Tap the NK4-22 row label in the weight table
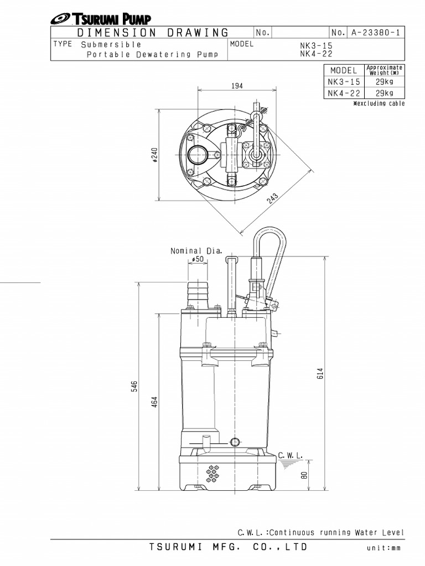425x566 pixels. click(x=344, y=93)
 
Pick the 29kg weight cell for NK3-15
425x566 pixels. click(x=384, y=82)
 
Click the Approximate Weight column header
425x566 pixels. click(x=384, y=70)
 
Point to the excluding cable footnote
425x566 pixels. click(x=379, y=103)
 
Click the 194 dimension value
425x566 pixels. click(x=238, y=86)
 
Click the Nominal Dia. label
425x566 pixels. click(x=196, y=250)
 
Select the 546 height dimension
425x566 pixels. click(x=133, y=386)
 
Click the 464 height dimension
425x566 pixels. click(x=155, y=402)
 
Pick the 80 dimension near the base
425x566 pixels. click(x=304, y=475)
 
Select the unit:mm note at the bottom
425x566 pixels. click(x=383, y=548)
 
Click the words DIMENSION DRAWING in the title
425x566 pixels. click(x=153, y=33)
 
